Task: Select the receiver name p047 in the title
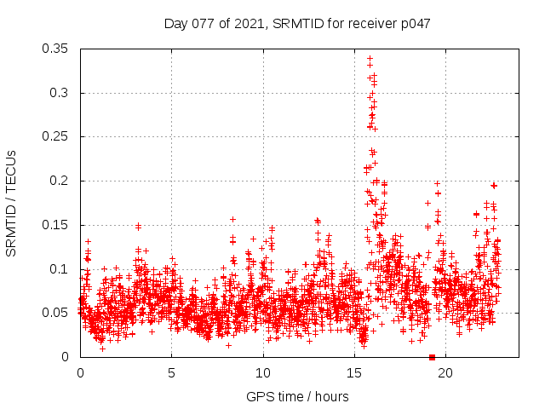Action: [413, 24]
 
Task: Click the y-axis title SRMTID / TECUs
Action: [11, 203]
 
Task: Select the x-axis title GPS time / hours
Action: [297, 396]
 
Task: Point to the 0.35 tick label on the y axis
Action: [56, 49]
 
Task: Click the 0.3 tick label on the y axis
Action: [60, 93]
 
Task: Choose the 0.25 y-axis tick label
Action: [56, 136]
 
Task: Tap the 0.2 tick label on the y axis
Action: [60, 181]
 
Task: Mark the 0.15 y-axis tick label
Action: [56, 225]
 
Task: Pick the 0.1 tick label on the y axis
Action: [60, 269]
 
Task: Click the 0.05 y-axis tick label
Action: [56, 313]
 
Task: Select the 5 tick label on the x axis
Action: [171, 372]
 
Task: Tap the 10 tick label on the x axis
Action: [263, 372]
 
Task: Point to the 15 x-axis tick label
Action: [354, 372]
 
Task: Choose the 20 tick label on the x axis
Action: [445, 372]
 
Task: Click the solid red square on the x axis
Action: [432, 357]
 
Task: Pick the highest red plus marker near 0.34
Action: [370, 58]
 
